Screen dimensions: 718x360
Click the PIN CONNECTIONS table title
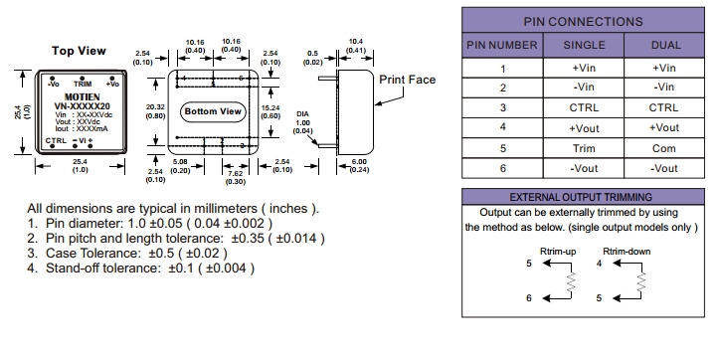[x=583, y=22]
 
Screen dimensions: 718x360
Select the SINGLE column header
[x=584, y=45]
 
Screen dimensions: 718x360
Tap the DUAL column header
[x=665, y=45]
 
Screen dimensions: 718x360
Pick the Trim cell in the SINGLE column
[x=584, y=148]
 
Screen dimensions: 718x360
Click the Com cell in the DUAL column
[x=664, y=148]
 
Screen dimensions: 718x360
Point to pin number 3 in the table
[x=503, y=107]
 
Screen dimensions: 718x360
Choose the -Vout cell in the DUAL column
[x=664, y=168]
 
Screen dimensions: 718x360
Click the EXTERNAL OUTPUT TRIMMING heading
[x=581, y=197]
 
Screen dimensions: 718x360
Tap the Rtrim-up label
[x=558, y=251]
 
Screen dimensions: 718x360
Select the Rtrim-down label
[x=627, y=251]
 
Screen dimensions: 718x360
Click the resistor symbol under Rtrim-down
[x=641, y=281]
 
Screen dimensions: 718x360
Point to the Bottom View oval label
[x=213, y=111]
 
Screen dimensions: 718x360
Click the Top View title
[x=79, y=51]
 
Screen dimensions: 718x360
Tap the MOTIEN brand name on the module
[x=82, y=97]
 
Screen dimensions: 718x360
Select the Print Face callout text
[x=407, y=80]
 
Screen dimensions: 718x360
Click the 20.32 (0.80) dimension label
[x=156, y=111]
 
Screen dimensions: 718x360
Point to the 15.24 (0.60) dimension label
[x=270, y=111]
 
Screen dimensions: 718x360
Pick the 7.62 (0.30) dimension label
[x=236, y=178]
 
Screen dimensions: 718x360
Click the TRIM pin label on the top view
[x=83, y=84]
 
